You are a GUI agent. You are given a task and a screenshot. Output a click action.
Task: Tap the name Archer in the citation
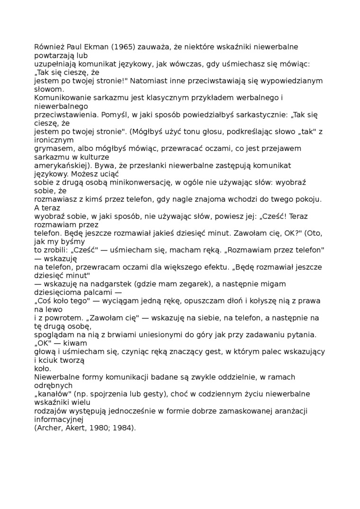coord(50,428)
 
